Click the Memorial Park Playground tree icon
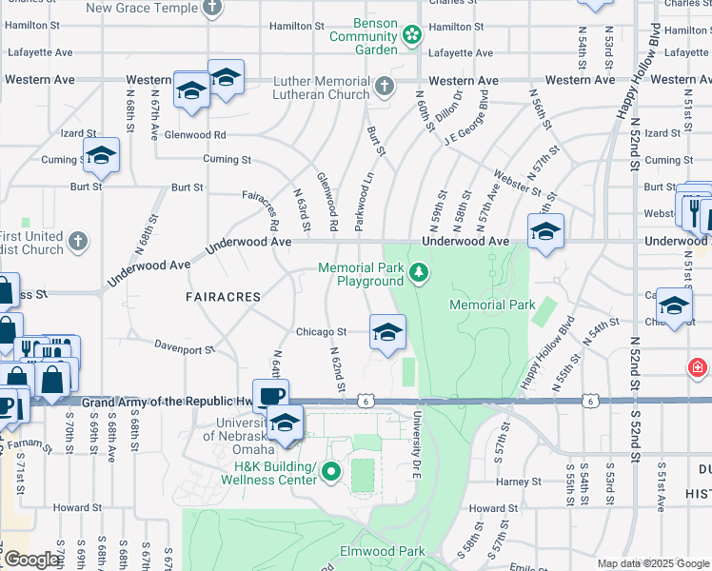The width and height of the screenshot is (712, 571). pyautogui.click(x=418, y=275)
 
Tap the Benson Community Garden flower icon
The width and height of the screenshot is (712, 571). pyautogui.click(x=412, y=36)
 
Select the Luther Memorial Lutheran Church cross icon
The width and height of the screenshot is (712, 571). pyautogui.click(x=384, y=88)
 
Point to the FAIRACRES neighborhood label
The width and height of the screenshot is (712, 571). pyautogui.click(x=223, y=297)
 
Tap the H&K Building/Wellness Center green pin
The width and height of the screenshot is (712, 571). pyautogui.click(x=331, y=471)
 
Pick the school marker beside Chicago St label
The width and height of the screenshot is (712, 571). pyautogui.click(x=386, y=333)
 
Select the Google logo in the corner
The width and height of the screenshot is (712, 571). pyautogui.click(x=30, y=560)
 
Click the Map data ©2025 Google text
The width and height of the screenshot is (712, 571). pyautogui.click(x=651, y=563)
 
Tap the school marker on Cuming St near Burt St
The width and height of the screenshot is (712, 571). pyautogui.click(x=100, y=157)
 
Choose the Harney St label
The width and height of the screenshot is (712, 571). pyautogui.click(x=518, y=482)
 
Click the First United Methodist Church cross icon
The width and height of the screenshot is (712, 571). pyautogui.click(x=79, y=241)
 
